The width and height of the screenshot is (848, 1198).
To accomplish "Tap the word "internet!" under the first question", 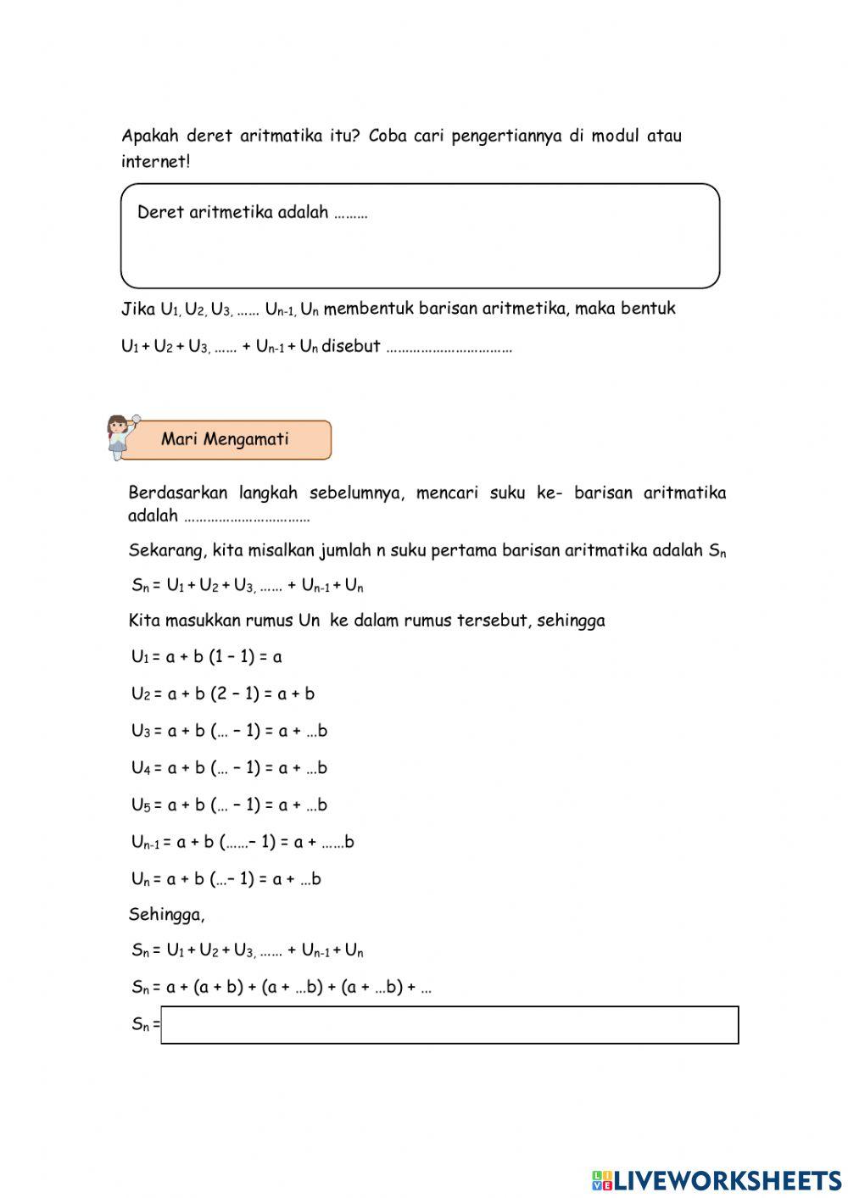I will (155, 162).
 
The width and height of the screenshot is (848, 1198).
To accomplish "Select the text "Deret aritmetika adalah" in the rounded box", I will (232, 212).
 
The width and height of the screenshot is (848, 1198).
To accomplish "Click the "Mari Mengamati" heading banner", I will (226, 439).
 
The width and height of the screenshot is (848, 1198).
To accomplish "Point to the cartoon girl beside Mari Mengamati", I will (118, 436).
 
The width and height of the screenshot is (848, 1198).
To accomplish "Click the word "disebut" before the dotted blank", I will (350, 346).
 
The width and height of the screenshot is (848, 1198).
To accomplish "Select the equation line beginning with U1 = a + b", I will (206, 656).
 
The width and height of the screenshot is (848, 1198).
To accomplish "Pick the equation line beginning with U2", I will (222, 694).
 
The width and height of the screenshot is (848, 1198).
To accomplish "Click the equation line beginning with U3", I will (229, 731).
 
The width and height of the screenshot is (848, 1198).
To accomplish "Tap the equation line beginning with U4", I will (229, 768).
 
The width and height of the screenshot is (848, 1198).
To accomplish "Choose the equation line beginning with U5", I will (229, 805).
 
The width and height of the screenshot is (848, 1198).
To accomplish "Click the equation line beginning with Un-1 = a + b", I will (243, 842).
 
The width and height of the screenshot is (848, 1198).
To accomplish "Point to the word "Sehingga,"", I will (166, 914).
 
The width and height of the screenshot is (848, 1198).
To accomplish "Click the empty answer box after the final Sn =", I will (449, 1024).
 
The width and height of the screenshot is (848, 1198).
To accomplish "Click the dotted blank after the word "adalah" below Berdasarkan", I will (247, 516).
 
